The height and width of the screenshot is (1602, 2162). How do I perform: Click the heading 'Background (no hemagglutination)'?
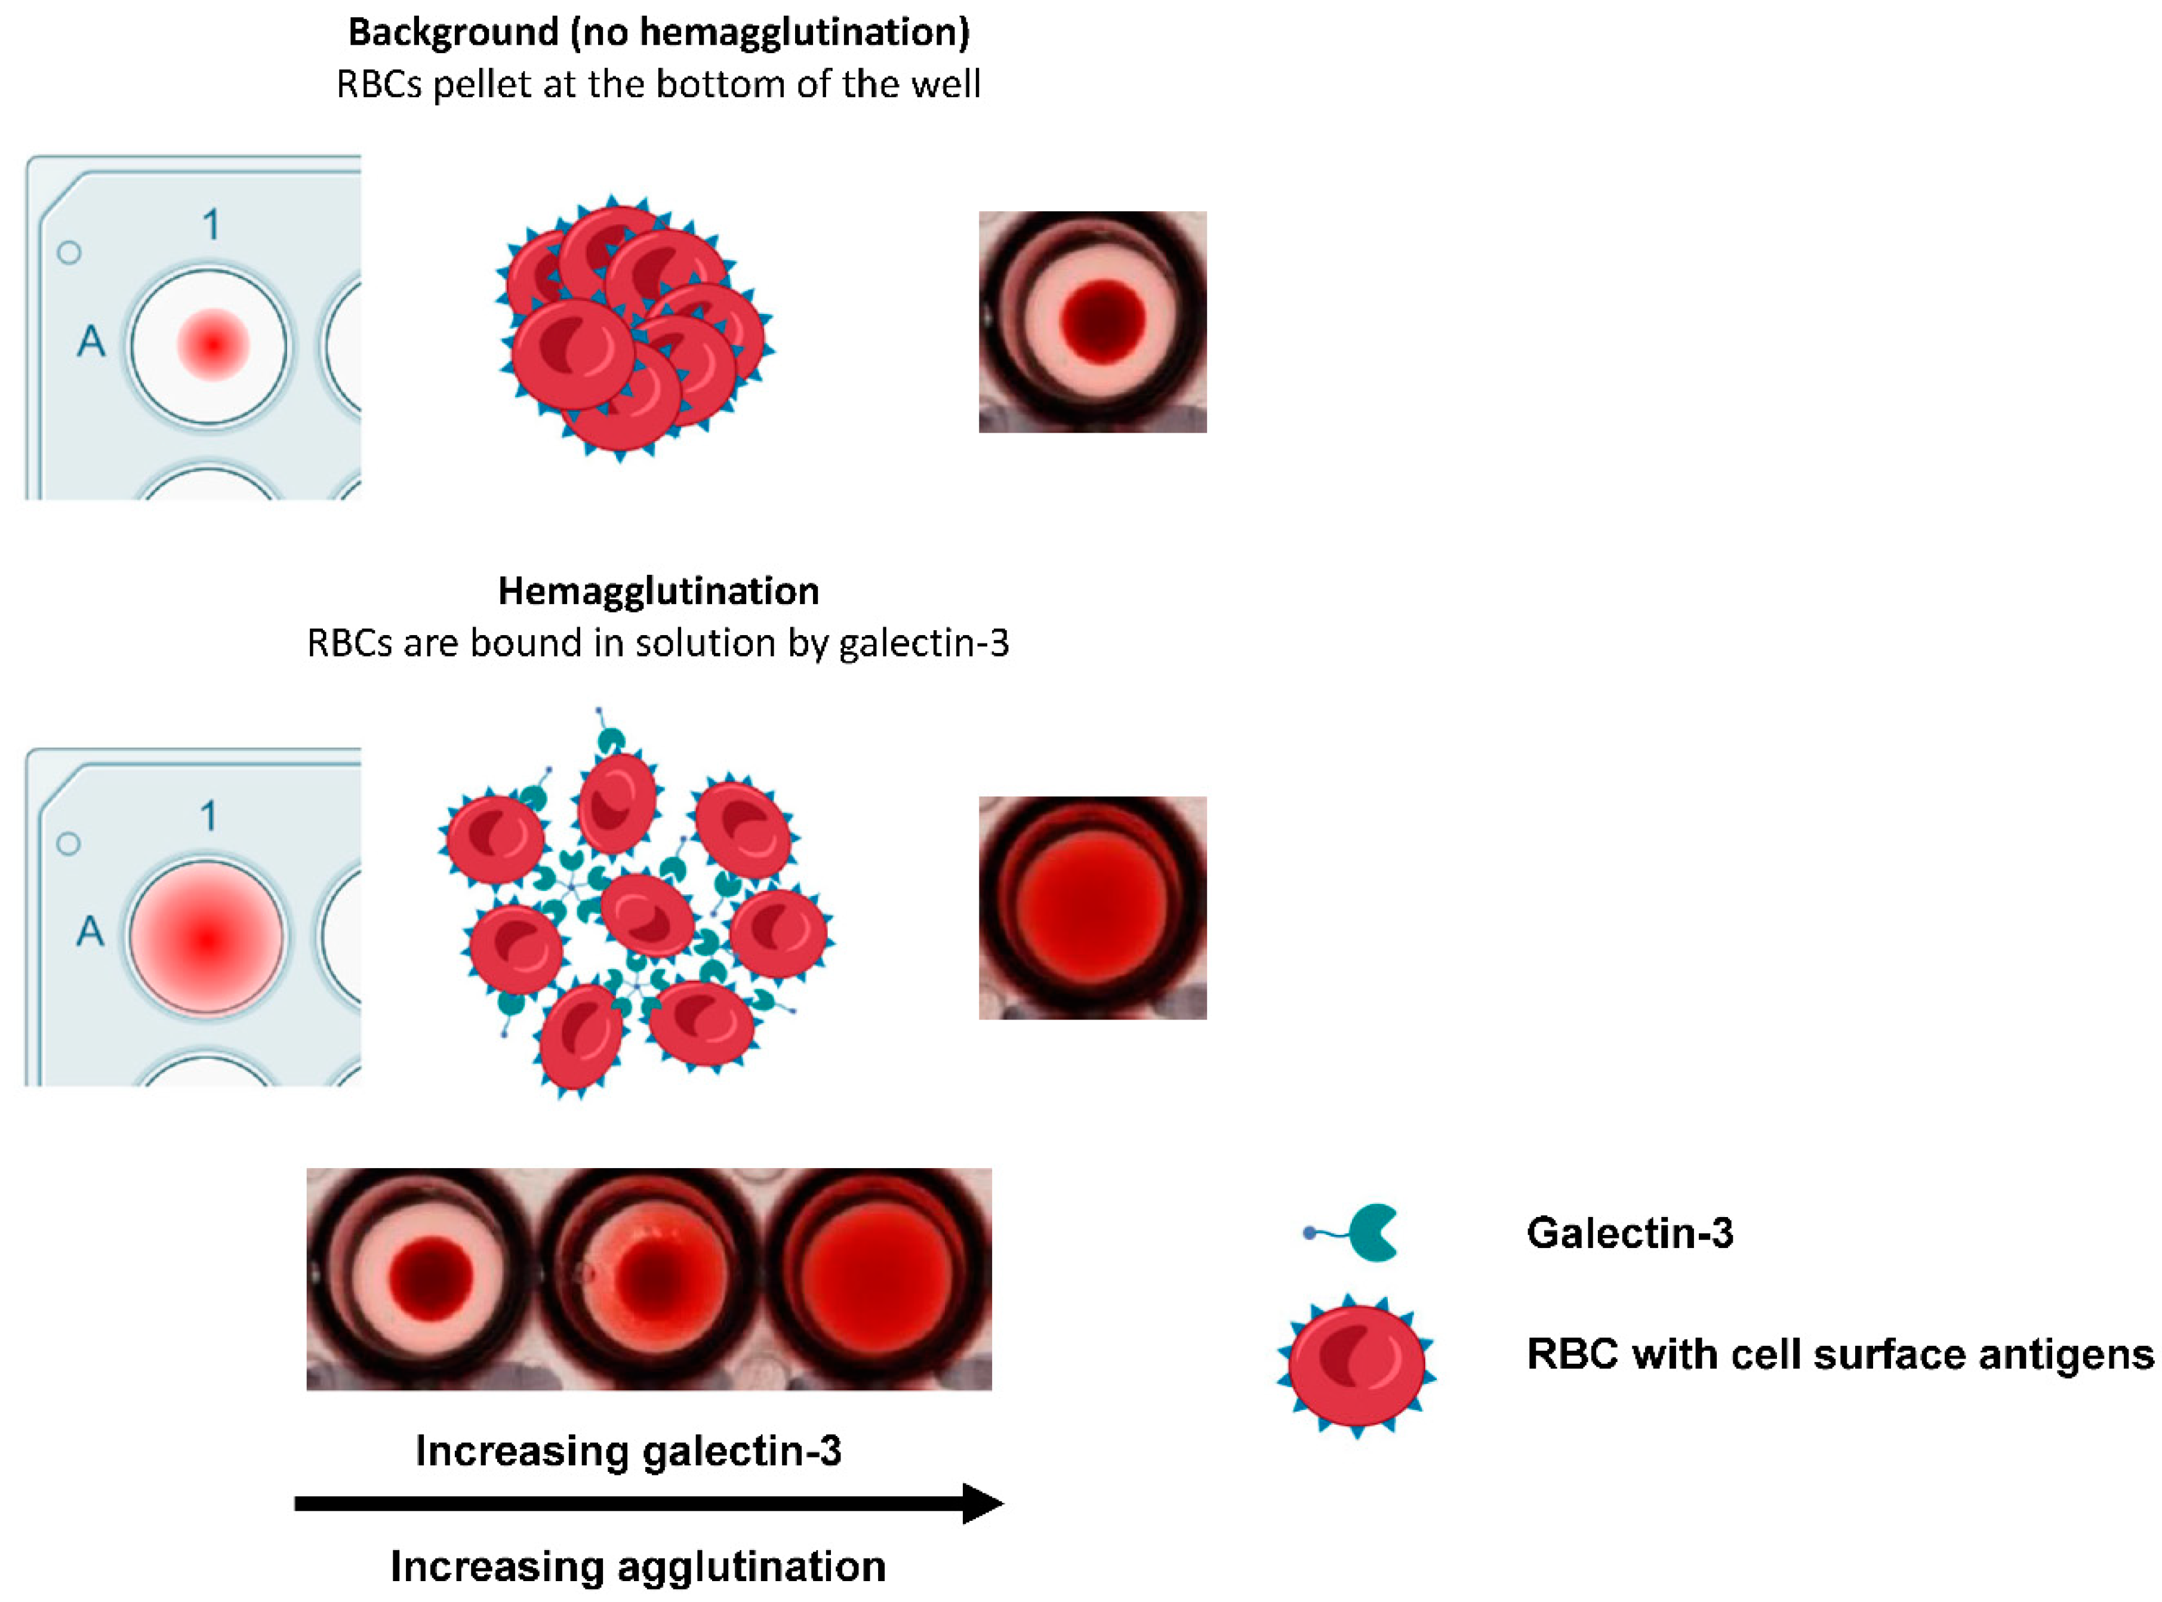(658, 33)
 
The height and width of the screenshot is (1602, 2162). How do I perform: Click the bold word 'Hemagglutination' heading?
(658, 590)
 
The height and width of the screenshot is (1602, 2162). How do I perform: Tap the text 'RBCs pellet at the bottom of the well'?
(658, 84)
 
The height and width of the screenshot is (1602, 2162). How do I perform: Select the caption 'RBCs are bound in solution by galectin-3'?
(658, 643)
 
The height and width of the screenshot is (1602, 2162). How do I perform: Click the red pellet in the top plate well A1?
(212, 344)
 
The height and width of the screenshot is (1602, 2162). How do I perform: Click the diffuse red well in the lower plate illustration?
(207, 936)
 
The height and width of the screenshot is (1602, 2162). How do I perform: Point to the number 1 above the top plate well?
(210, 225)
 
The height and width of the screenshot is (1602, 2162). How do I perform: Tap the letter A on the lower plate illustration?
(90, 931)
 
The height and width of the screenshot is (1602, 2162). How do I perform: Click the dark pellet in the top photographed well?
(1102, 319)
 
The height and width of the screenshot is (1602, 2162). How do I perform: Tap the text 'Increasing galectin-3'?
(628, 1451)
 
